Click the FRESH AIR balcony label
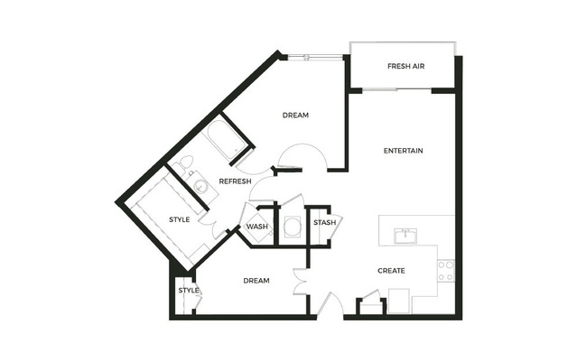click(x=405, y=66)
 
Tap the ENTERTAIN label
click(x=403, y=151)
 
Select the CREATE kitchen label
click(x=391, y=271)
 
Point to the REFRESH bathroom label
click(x=235, y=181)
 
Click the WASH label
click(x=256, y=227)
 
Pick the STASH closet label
click(x=324, y=223)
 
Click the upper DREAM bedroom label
click(x=295, y=116)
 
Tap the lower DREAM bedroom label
click(x=256, y=281)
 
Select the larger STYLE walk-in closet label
click(x=179, y=219)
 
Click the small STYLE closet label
click(x=189, y=291)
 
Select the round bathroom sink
click(x=200, y=187)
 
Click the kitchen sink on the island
click(x=405, y=236)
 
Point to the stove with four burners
click(x=446, y=271)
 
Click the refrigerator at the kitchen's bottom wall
click(x=399, y=301)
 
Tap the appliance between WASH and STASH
click(x=293, y=227)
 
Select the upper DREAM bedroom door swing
click(x=302, y=156)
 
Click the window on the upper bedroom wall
click(x=315, y=57)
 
